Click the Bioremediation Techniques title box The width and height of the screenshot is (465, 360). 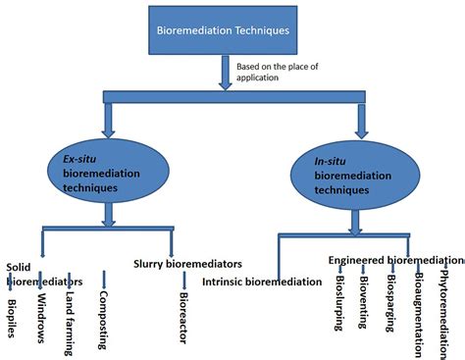click(224, 30)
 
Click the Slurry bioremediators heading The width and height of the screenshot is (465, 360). click(186, 263)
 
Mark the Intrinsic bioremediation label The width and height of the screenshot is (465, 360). click(262, 283)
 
